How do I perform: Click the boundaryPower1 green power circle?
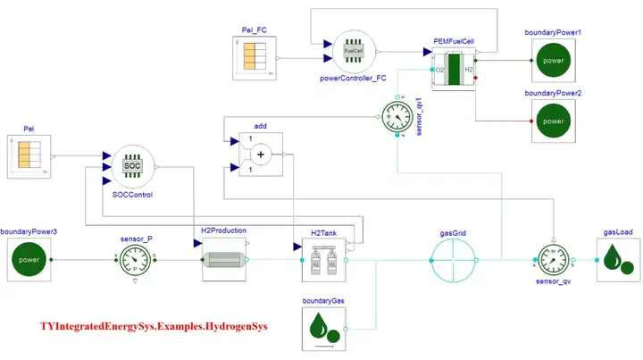[554, 62]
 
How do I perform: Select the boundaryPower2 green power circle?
[554, 121]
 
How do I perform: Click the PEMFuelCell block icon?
[455, 69]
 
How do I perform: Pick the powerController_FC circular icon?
[355, 51]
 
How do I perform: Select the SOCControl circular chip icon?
[132, 166]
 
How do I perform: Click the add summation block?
[260, 155]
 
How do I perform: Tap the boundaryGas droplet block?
[323, 328]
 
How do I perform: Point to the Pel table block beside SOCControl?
[28, 155]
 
